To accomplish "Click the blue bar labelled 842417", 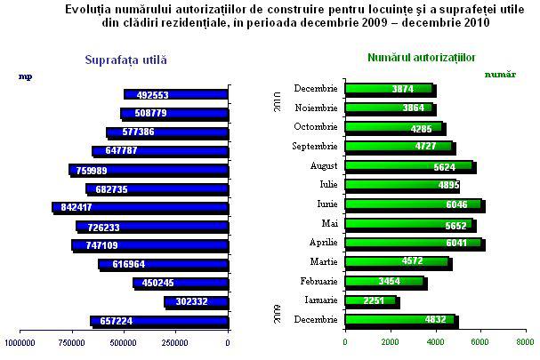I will pos(141,207).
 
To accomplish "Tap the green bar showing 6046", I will pos(413,204).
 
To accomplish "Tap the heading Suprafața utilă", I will pos(125,60).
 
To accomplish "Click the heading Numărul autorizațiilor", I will pos(421,58).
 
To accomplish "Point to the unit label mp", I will pos(24,76).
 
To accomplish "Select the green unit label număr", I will pos(500,74).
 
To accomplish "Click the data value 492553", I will pos(146,94).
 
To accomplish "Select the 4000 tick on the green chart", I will pos(435,340).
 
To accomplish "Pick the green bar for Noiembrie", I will pos(389,108).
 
